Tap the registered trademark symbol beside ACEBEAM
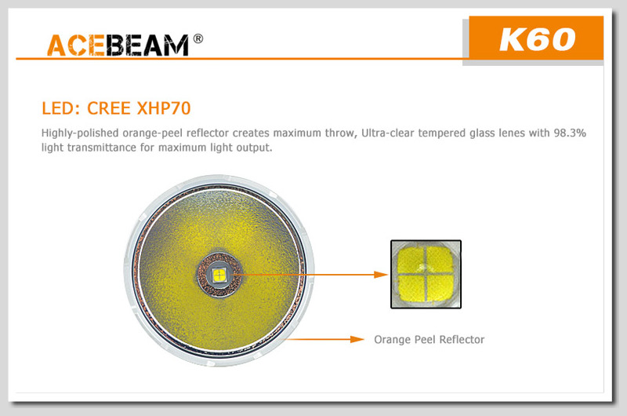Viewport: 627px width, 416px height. pos(198,38)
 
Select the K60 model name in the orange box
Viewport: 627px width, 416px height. pos(537,40)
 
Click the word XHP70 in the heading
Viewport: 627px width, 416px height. pos(164,108)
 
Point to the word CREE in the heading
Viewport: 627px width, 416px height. pos(109,108)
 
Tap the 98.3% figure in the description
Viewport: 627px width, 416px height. pos(570,133)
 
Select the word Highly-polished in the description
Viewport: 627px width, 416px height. pos(80,133)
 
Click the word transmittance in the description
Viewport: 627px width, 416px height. pos(102,148)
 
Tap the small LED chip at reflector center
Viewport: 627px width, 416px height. pos(219,275)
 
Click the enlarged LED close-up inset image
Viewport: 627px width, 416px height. pos(426,274)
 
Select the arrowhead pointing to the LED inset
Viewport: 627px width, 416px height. pos(381,275)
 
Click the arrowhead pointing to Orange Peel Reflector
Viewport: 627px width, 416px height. pos(357,340)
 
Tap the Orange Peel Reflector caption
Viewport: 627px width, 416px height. pos(429,340)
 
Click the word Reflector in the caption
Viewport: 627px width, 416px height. pos(462,340)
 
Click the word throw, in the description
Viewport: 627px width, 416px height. pos(341,133)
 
